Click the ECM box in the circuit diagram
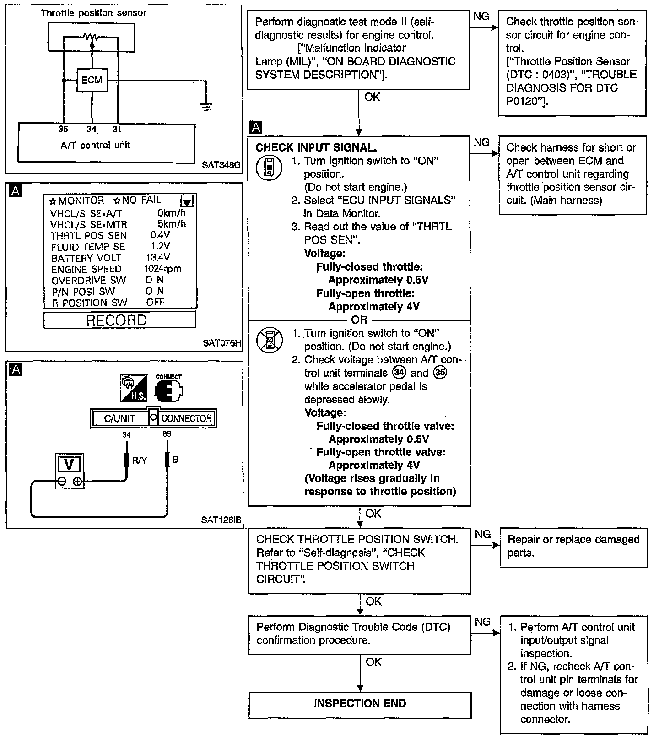tap(92, 80)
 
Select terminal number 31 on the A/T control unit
tap(117, 130)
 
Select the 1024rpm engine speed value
tap(162, 269)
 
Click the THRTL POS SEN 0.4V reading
tap(160, 235)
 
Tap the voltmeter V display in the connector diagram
tap(69, 465)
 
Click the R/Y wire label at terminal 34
tap(140, 461)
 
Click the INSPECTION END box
tap(360, 704)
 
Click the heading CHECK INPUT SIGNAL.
tap(316, 147)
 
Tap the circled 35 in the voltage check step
tap(440, 373)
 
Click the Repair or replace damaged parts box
tap(573, 547)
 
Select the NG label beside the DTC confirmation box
tap(483, 622)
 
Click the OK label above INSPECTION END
tap(373, 662)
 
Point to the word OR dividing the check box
tap(359, 320)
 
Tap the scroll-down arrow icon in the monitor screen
tap(187, 201)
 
